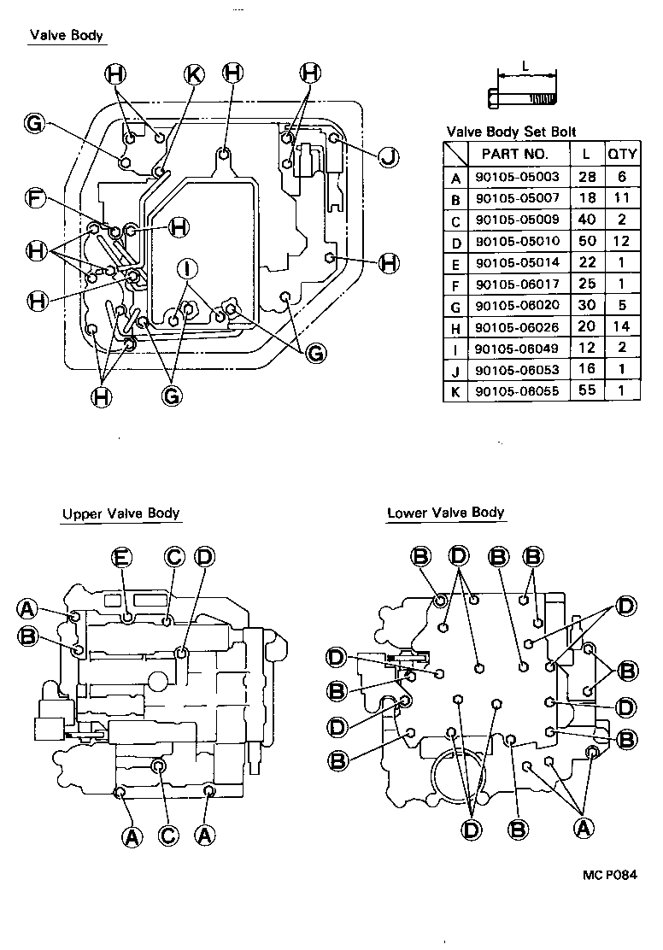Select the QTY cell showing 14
pyautogui.click(x=621, y=326)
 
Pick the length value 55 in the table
pyautogui.click(x=584, y=391)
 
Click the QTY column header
pyautogui.click(x=621, y=154)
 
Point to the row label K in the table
pyautogui.click(x=455, y=391)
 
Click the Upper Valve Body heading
pyautogui.click(x=120, y=513)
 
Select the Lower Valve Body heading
pyautogui.click(x=445, y=513)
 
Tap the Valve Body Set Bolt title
pyautogui.click(x=511, y=132)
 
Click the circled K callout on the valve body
pyautogui.click(x=194, y=75)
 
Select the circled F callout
pyautogui.click(x=35, y=199)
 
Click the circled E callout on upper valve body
pyautogui.click(x=121, y=558)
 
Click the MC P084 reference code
pyautogui.click(x=611, y=875)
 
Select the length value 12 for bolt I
pyautogui.click(x=584, y=349)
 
